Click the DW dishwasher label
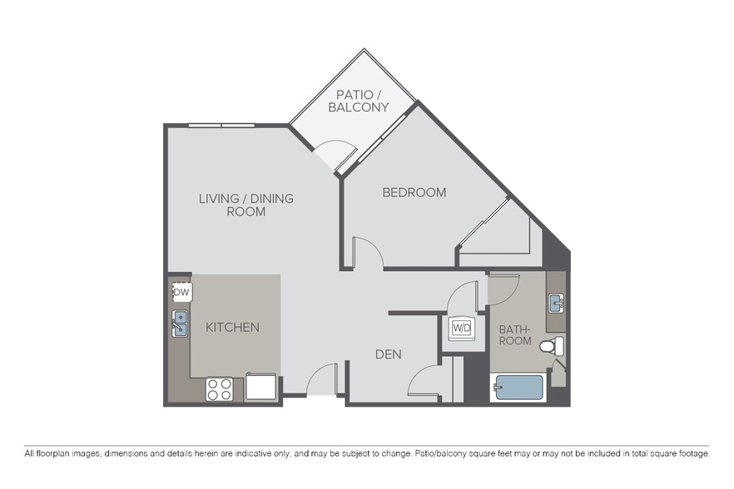click(x=181, y=293)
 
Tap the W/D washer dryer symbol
click(x=462, y=328)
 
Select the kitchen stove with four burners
click(x=220, y=389)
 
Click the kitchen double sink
click(x=180, y=324)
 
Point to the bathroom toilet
click(x=551, y=346)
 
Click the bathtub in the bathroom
click(x=518, y=388)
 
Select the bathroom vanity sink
click(x=556, y=302)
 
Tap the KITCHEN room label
click(x=232, y=328)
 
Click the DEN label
click(x=388, y=354)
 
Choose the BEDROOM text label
click(x=414, y=192)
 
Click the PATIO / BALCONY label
click(x=358, y=101)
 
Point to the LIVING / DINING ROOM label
click(x=245, y=205)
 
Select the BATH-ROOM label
click(x=514, y=335)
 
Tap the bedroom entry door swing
click(x=367, y=253)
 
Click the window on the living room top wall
click(x=221, y=126)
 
